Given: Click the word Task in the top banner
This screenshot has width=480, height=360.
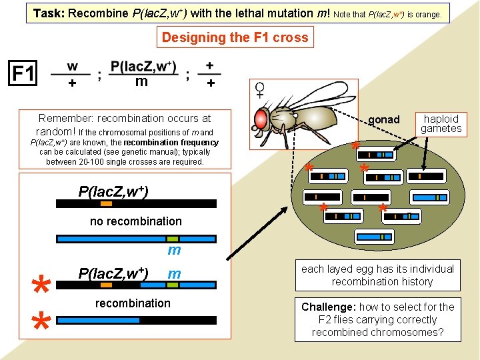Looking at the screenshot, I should [x=47, y=13].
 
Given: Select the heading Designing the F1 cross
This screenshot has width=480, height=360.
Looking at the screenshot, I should [x=235, y=37].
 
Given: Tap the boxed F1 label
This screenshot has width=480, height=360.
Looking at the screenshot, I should [x=23, y=73].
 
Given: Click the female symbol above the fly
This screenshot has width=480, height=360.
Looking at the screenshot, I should [x=259, y=88].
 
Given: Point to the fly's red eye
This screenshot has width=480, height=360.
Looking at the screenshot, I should [x=262, y=119].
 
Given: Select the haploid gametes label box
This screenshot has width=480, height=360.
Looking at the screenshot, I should [x=441, y=123].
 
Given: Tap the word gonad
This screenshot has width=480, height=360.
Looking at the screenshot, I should [x=383, y=120].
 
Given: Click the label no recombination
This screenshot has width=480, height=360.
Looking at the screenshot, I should [x=135, y=221].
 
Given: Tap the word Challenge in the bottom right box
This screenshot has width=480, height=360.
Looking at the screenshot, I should [x=328, y=307].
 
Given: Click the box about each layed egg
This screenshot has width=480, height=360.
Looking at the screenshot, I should [x=377, y=275].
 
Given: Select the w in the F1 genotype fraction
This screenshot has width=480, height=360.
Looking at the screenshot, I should [x=72, y=67].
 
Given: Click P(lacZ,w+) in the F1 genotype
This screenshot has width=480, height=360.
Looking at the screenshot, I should [x=143, y=67].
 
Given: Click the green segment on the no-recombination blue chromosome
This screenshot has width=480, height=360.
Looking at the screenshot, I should [x=173, y=238].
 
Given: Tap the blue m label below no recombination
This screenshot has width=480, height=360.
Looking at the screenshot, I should [x=174, y=251].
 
